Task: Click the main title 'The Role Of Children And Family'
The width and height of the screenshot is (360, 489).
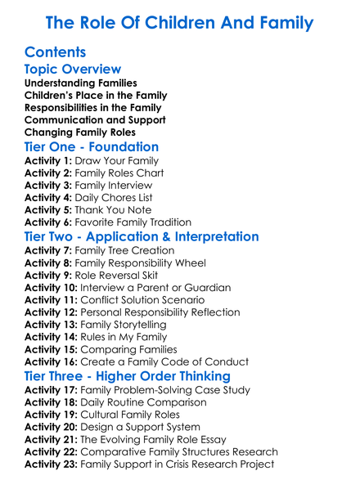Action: point(179,21)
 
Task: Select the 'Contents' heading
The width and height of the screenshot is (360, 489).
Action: point(56,52)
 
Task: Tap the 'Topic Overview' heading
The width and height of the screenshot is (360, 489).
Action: point(73,70)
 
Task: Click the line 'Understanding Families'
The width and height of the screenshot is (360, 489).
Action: point(81,83)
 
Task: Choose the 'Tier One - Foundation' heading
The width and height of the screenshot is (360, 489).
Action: point(92,147)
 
